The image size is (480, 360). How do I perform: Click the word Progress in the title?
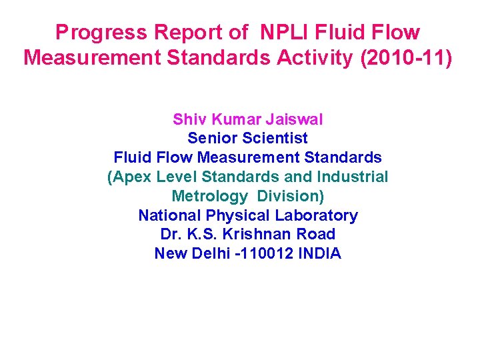pos(101,33)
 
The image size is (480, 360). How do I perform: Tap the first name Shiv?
pos(187,119)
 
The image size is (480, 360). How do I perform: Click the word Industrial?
pos(354,177)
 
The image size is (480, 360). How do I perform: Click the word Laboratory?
pos(317,215)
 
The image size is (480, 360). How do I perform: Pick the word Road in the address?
pos(317,235)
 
